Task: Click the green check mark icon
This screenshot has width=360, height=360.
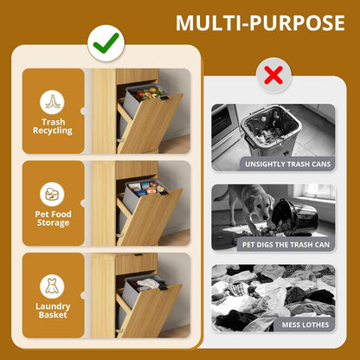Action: (106, 43)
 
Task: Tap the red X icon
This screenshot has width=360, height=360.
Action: (273, 75)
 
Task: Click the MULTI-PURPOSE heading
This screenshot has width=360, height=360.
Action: (260, 23)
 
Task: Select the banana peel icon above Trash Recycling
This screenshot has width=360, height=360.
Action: (52, 102)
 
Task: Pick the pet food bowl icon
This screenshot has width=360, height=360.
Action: (52, 195)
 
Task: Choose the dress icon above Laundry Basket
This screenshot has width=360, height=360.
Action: (52, 286)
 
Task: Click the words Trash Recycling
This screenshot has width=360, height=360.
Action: (53, 126)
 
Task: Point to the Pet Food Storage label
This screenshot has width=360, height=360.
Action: (53, 218)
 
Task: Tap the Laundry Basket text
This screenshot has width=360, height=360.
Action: (53, 311)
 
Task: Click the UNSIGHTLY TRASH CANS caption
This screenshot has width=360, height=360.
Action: (287, 164)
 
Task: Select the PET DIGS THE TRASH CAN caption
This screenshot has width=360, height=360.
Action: (286, 245)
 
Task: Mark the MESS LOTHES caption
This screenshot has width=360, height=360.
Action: (305, 325)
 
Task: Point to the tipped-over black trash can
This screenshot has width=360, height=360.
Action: (294, 215)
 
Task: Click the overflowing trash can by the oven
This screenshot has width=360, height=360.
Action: (271, 130)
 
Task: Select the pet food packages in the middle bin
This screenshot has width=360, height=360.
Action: (147, 188)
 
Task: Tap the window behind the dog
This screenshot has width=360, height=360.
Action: (318, 191)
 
